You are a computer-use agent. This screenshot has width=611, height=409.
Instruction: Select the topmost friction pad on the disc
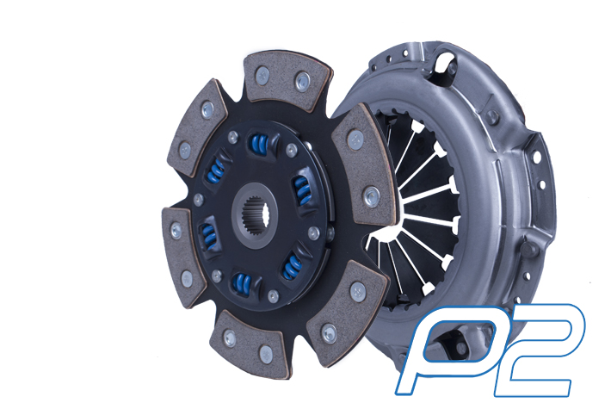(x=287, y=82)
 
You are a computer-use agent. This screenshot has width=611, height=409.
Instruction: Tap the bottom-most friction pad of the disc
(x=251, y=344)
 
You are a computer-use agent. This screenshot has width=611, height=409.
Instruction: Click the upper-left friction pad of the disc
(x=198, y=128)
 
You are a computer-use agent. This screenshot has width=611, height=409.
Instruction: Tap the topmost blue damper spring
(x=259, y=145)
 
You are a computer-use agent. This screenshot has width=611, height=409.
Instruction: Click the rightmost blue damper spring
(x=302, y=190)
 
